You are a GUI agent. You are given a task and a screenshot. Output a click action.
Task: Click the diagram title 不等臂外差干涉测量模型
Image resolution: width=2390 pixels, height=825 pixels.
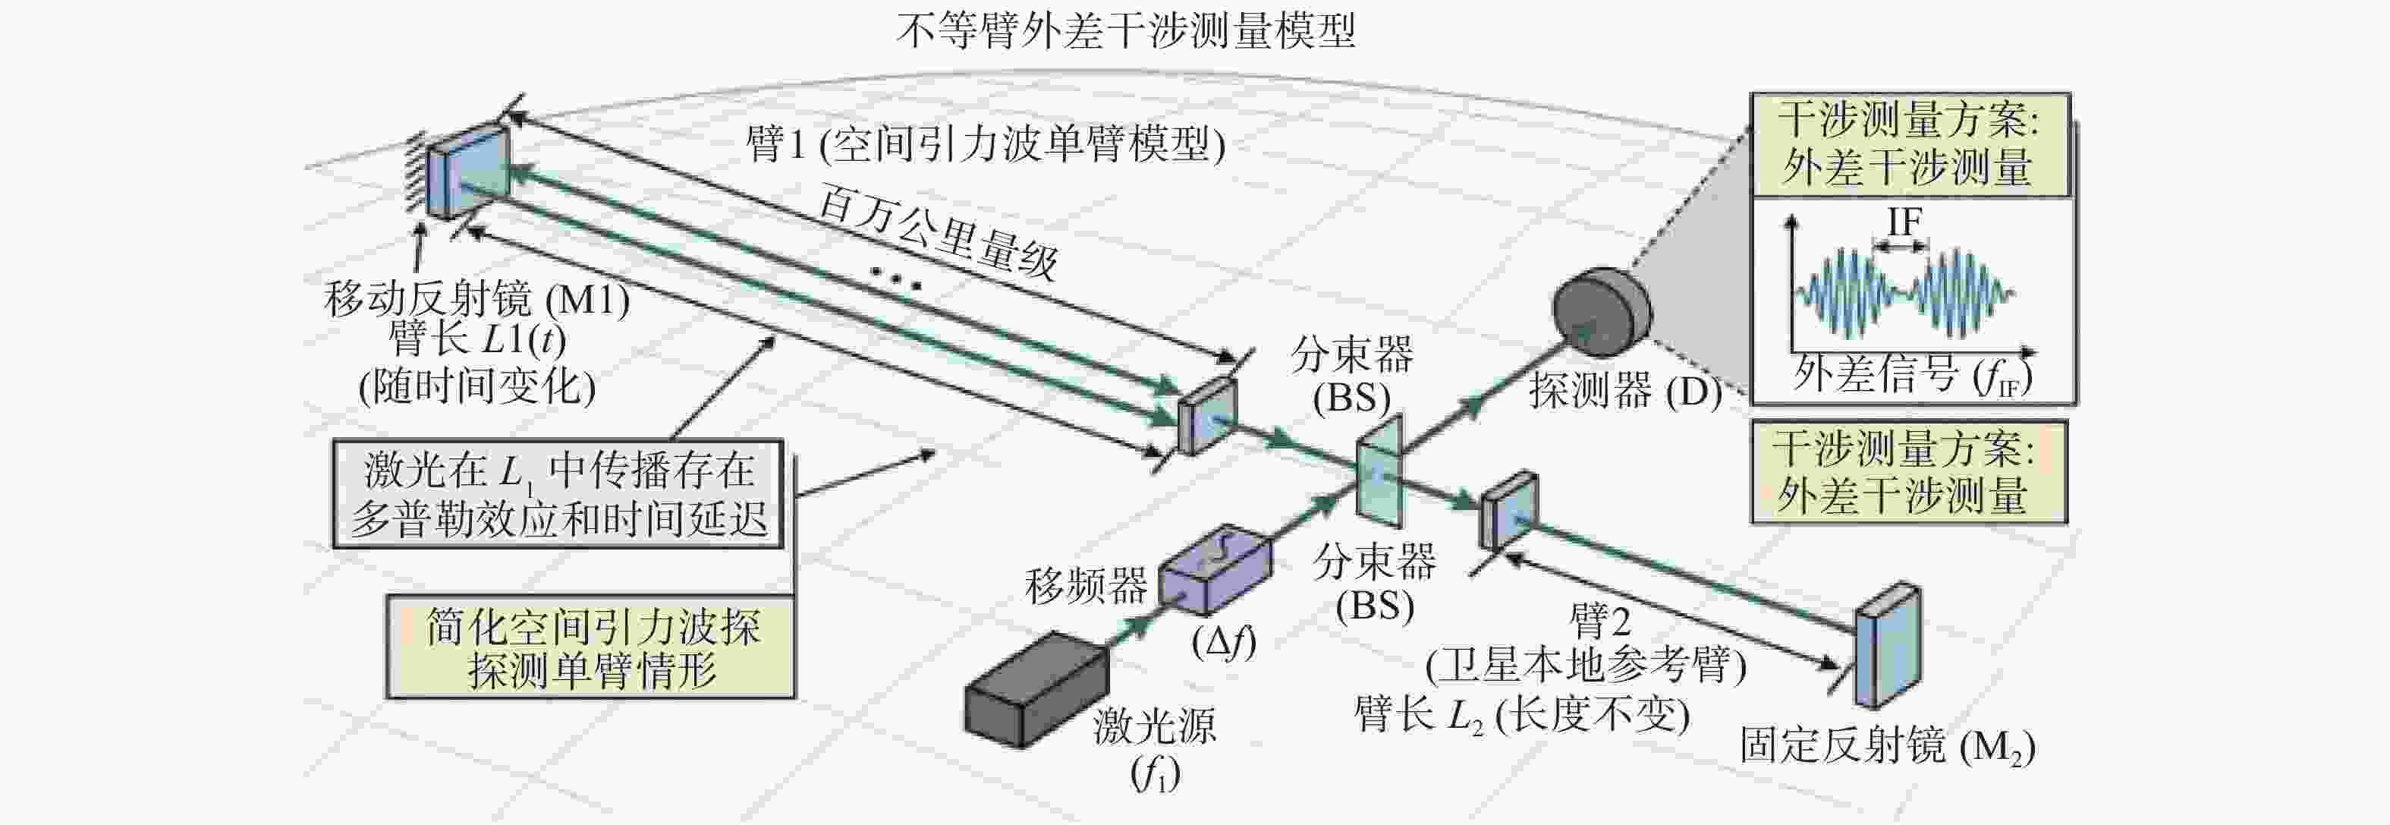pos(1124,30)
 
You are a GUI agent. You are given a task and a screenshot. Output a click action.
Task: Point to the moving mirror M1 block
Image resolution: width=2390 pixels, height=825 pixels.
pos(476,172)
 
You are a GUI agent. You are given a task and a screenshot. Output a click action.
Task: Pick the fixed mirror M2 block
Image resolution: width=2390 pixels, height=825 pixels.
pos(1887,646)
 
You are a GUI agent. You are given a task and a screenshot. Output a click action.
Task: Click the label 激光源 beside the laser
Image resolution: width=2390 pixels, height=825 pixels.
pos(1154,726)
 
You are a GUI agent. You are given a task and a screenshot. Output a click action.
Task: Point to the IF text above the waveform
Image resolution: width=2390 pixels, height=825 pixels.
pos(1904,222)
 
